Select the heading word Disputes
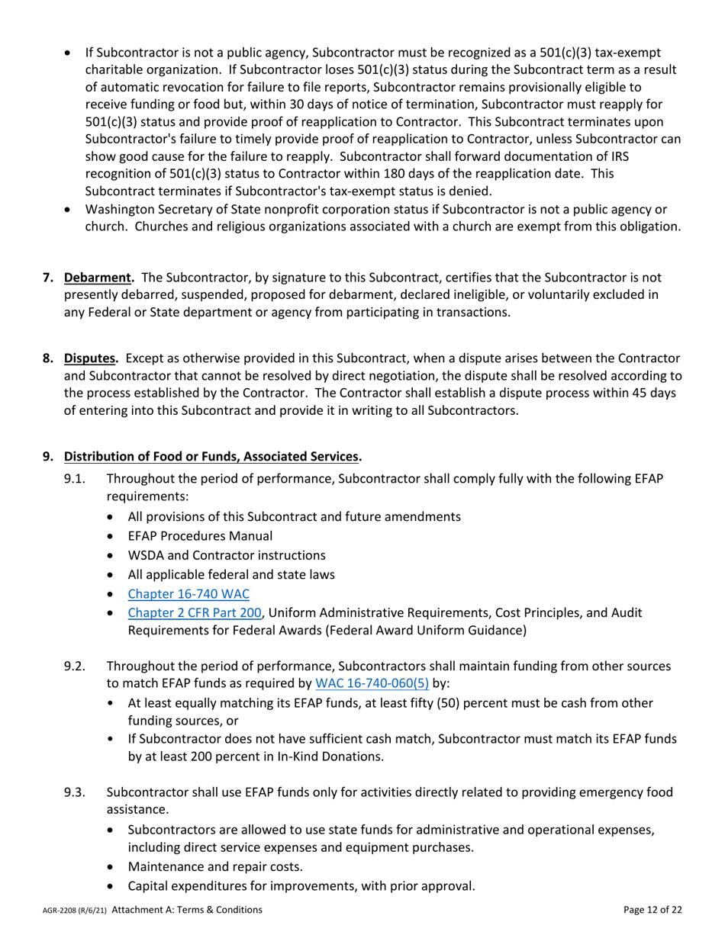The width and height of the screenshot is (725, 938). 90,358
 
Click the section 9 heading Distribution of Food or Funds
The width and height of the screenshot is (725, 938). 211,457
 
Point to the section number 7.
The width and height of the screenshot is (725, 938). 47,278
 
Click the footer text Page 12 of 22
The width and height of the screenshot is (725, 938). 652,910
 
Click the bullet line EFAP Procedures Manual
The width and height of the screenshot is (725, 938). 200,536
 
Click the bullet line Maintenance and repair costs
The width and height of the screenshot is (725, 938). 215,867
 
